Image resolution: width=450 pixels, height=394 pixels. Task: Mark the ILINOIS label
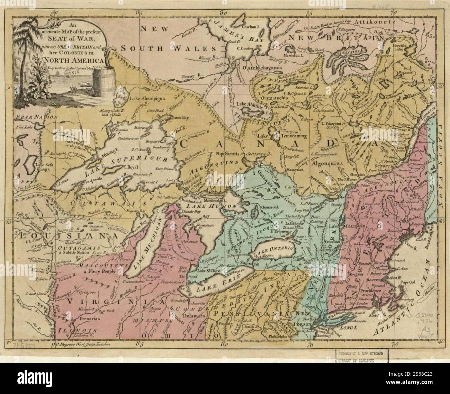74,330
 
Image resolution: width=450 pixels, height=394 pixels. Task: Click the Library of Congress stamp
361,356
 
